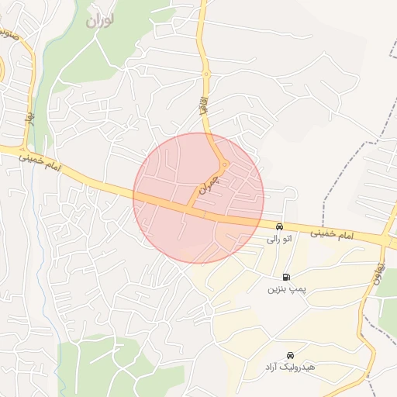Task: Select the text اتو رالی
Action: click(x=279, y=240)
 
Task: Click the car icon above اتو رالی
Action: click(x=279, y=227)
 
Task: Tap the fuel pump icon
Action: click(x=288, y=277)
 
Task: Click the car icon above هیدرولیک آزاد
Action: click(x=291, y=353)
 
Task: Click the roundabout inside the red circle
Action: click(x=223, y=164)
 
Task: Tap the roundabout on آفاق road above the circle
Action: click(x=206, y=74)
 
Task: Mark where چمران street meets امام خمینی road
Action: click(x=188, y=209)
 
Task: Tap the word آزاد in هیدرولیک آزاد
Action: click(x=273, y=365)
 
